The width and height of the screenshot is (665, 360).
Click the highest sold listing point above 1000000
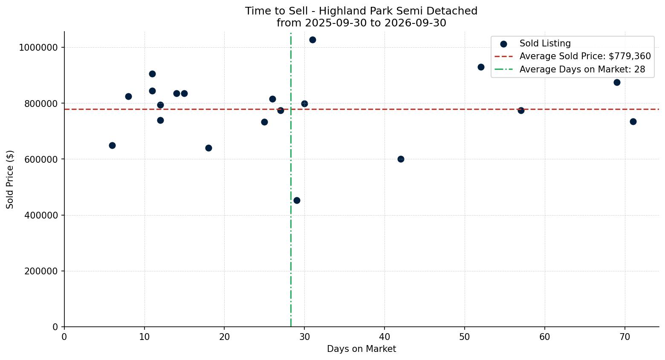pos(312,40)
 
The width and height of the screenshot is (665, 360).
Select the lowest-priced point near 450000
pos(297,200)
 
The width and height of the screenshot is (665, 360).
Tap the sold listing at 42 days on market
pos(400,159)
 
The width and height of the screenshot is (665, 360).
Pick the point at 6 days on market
pos(112,145)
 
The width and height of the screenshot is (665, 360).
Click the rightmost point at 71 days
pos(633,121)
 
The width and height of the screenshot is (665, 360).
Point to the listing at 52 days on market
pos(481,67)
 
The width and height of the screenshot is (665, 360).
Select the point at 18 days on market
pos(208,148)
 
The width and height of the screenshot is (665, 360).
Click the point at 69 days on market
pos(616,82)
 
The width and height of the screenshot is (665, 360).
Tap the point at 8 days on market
pos(128,96)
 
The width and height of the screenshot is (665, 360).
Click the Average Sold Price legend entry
pos(572,56)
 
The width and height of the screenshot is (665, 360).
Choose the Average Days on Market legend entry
pos(570,69)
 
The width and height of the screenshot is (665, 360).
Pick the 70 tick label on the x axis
pos(625,337)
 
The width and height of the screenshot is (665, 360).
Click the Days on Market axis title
pos(361,349)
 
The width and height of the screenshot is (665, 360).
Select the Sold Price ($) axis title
pos(10,179)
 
